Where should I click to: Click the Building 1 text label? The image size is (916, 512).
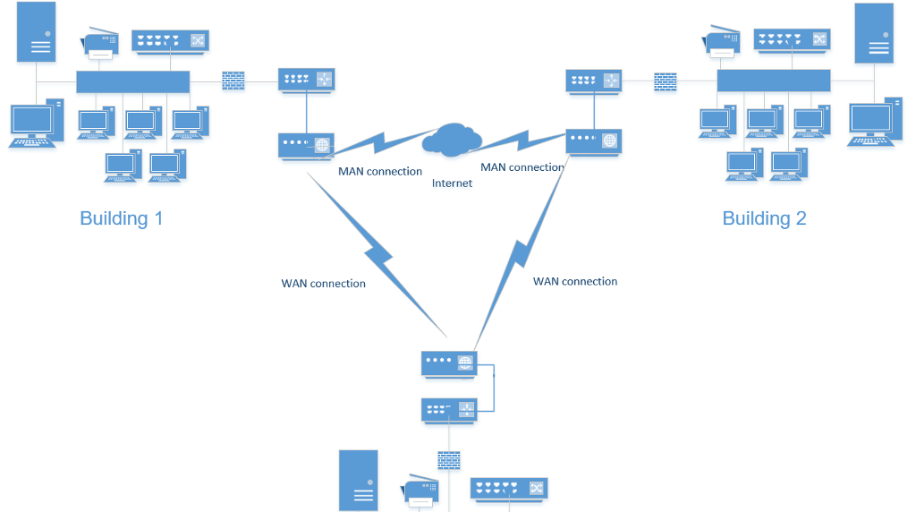click(122, 218)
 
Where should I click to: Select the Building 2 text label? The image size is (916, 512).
click(764, 218)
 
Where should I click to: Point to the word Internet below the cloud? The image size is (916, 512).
click(452, 183)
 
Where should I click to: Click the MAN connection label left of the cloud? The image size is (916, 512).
click(379, 171)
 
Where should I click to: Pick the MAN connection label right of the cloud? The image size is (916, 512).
click(522, 167)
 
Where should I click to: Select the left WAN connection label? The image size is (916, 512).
click(323, 284)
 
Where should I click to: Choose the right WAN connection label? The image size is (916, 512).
click(575, 281)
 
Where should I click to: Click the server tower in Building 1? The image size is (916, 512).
click(36, 32)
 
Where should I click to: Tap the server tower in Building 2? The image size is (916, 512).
click(874, 33)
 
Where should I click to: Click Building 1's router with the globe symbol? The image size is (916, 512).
click(306, 143)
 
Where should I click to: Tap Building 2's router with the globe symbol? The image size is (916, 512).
click(594, 141)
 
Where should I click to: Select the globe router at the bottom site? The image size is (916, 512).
click(449, 363)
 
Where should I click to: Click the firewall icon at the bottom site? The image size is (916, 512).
click(449, 460)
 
